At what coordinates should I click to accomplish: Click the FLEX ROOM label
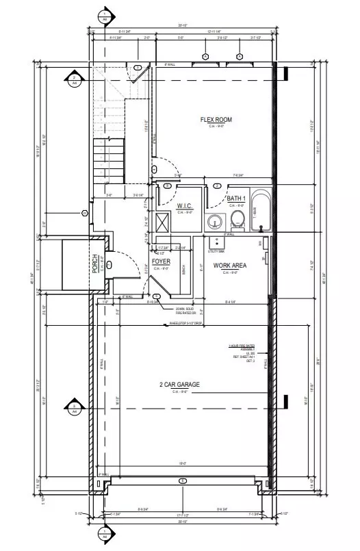pos(216,120)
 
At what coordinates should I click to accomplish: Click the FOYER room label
pos(161,261)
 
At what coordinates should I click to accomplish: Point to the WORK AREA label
pos(229,265)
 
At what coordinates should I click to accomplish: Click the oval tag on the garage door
pos(182,481)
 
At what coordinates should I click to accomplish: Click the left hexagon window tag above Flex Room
pos(205,56)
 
